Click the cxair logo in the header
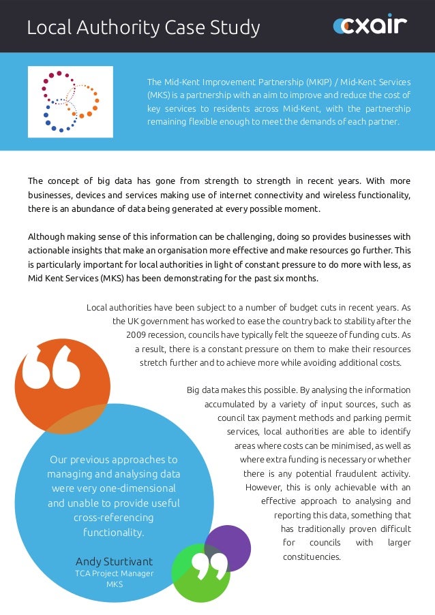(x=370, y=26)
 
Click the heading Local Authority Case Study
(x=143, y=28)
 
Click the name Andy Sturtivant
(x=114, y=561)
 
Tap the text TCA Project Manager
(x=114, y=573)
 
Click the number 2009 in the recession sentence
(x=138, y=334)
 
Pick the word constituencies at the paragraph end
(x=312, y=556)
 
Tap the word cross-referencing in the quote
(x=114, y=518)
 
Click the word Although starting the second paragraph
(x=46, y=237)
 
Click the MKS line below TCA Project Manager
(x=114, y=584)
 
